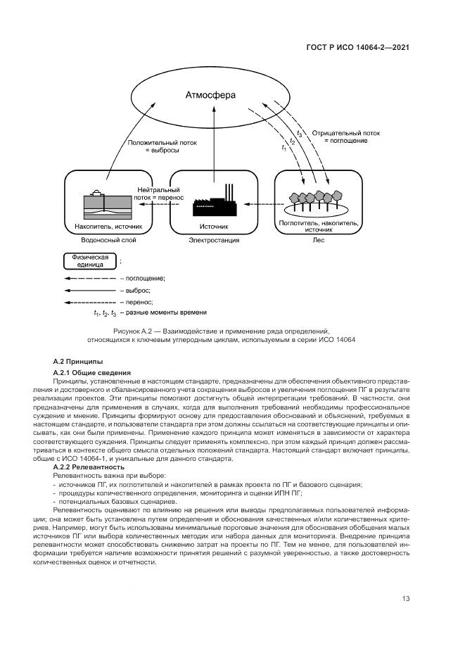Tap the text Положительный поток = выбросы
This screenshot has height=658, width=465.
(x=162, y=146)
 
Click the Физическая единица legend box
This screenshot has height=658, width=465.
(x=89, y=261)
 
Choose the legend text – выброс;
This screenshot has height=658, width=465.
(x=135, y=290)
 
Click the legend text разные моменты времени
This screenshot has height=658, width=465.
(x=166, y=312)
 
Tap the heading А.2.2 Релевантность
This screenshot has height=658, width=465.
(x=89, y=467)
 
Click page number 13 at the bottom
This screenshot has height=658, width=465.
(x=406, y=599)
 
